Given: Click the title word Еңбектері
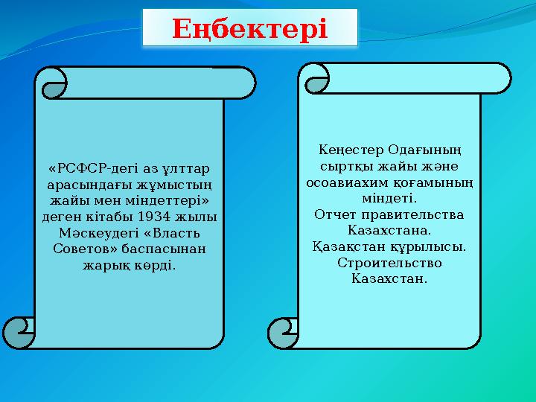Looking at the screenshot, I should (249, 29).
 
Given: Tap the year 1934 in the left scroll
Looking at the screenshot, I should (159, 217).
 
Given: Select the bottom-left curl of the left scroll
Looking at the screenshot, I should (18, 332).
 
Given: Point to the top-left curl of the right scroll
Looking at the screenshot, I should (316, 77).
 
